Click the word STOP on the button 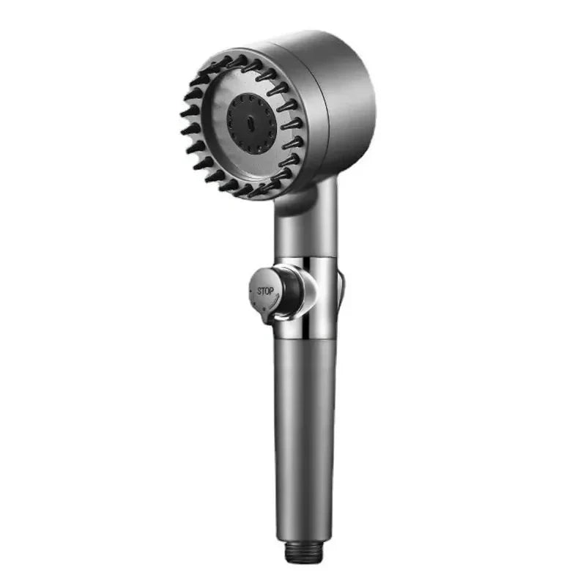[264, 291]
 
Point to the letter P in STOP [271, 291]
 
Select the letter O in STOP [267, 291]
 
